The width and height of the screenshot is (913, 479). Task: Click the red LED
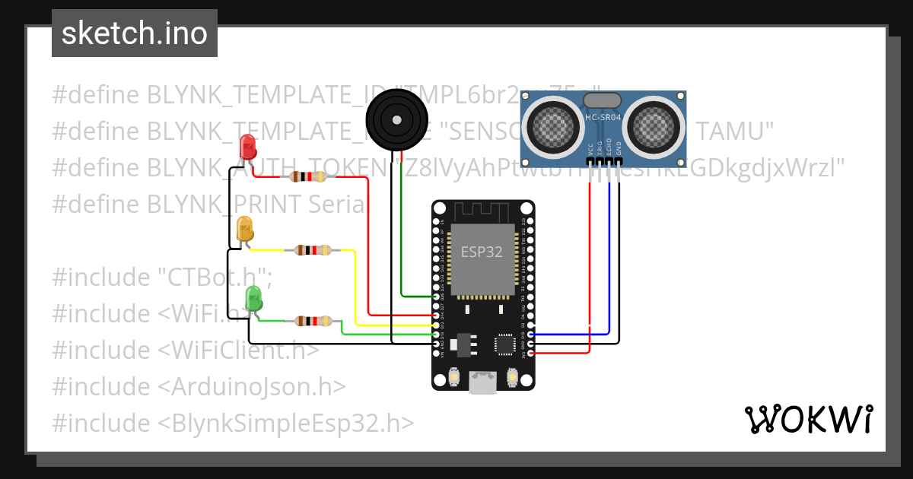pyautogui.click(x=248, y=146)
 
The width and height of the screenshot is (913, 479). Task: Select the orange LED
pyautogui.click(x=245, y=228)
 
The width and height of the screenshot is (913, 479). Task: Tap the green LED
pyautogui.click(x=253, y=297)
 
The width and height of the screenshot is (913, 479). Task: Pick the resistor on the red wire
pyautogui.click(x=308, y=177)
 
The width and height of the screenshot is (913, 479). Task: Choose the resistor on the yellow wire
pyautogui.click(x=313, y=249)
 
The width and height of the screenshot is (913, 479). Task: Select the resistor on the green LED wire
pyautogui.click(x=313, y=321)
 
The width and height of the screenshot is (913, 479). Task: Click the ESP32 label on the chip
pyautogui.click(x=482, y=253)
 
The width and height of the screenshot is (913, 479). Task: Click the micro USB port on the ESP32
pyautogui.click(x=482, y=382)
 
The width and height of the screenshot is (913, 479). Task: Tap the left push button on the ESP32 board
pyautogui.click(x=453, y=376)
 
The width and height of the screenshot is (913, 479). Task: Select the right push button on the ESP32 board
pyautogui.click(x=512, y=376)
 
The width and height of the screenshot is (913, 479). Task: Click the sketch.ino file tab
pyautogui.click(x=135, y=33)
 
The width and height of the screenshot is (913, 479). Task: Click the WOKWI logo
pyautogui.click(x=808, y=419)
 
